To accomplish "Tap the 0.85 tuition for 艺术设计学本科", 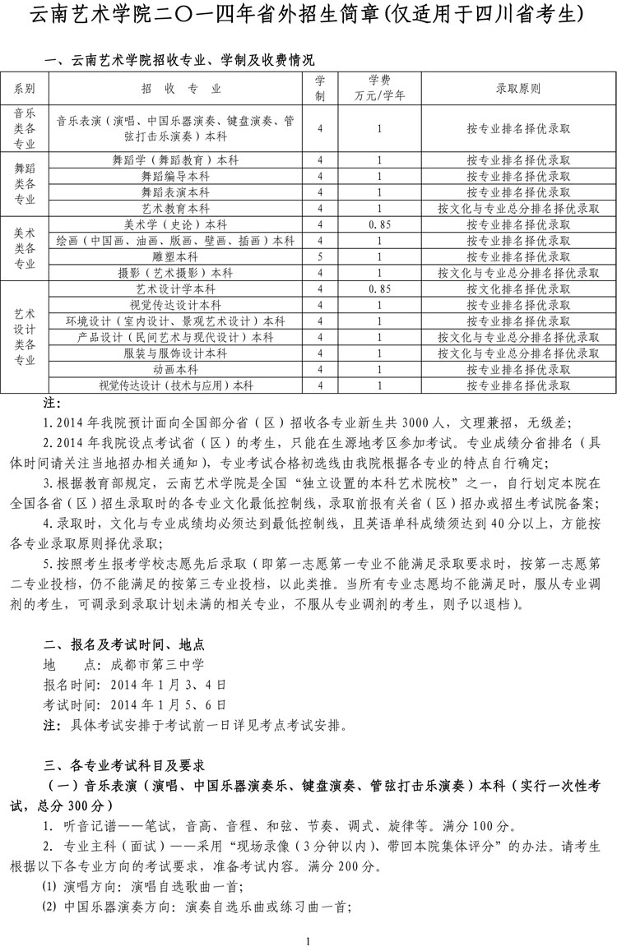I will [x=379, y=289].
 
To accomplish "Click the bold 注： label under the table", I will [x=52, y=403].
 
